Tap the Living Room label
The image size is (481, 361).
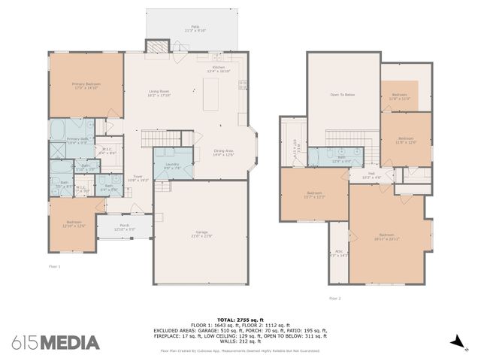(159, 94)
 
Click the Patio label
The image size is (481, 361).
(195, 29)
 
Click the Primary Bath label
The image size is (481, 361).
(78, 141)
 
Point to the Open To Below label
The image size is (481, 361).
(342, 96)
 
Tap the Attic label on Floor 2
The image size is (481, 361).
(339, 253)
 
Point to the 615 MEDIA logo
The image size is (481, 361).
(56, 343)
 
